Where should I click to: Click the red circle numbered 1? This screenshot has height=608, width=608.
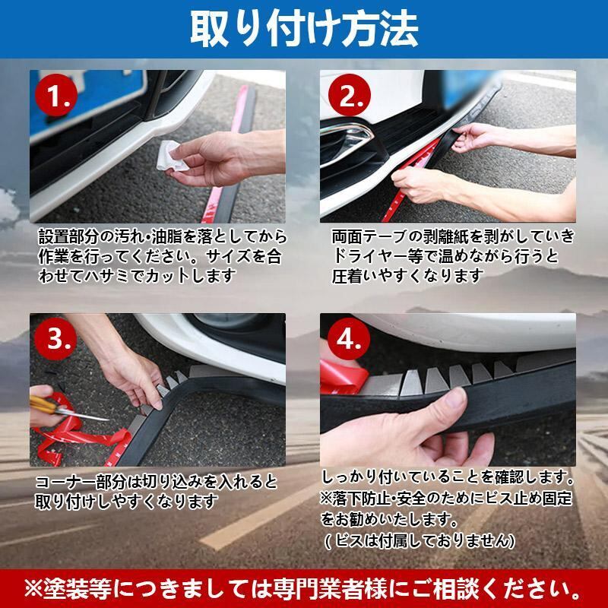coord(56,96)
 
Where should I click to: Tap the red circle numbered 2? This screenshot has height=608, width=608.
coord(350,96)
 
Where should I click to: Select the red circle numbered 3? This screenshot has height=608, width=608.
coord(55,339)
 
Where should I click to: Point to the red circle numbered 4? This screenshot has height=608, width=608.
coord(349,339)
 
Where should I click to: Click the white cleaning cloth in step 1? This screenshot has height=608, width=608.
coord(170,157)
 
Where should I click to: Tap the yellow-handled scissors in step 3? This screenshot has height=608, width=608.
coord(66,409)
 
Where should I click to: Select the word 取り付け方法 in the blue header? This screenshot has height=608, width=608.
coord(304,28)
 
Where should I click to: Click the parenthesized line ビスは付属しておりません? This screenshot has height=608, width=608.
coord(420,540)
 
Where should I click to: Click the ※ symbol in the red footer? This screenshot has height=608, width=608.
coord(33,589)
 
